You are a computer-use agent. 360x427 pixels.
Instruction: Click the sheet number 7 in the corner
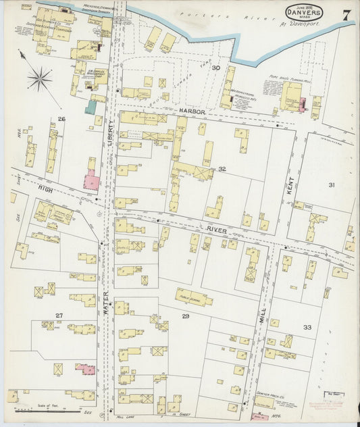pos(345,15)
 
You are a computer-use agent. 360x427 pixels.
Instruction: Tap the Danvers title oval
pos(304,12)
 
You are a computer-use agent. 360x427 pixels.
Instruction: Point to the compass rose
pos(39,79)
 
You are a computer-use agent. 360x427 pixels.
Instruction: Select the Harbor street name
pos(192,109)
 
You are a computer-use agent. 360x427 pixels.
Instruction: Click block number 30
pos(216,68)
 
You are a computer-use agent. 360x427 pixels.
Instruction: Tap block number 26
pos(61,119)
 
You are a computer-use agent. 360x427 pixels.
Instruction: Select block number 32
pos(222,169)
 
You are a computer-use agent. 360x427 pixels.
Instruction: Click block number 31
pos(331,184)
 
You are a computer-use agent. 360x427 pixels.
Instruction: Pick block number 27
pos(59,316)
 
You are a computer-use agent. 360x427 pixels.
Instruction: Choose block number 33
pos(307,327)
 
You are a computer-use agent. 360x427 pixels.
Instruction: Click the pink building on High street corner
pos(91,181)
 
